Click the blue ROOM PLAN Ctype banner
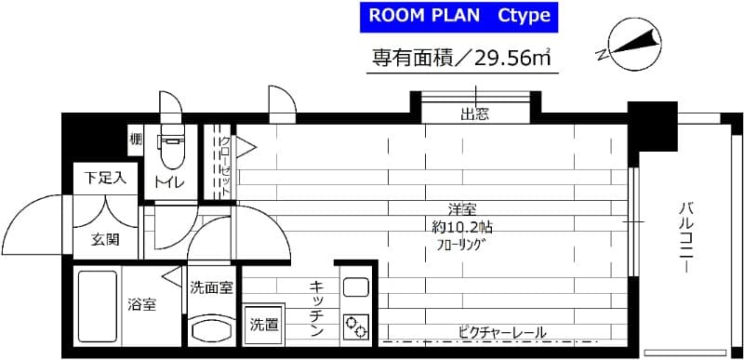459,17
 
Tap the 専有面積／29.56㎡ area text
459,59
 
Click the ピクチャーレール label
501,332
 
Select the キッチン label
316,307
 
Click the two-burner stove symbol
354,326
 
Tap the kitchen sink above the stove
354,286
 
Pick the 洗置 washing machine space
261,325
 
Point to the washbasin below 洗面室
211,328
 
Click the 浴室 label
141,304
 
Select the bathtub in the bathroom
93,306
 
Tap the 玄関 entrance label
105,240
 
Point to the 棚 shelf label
136,141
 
